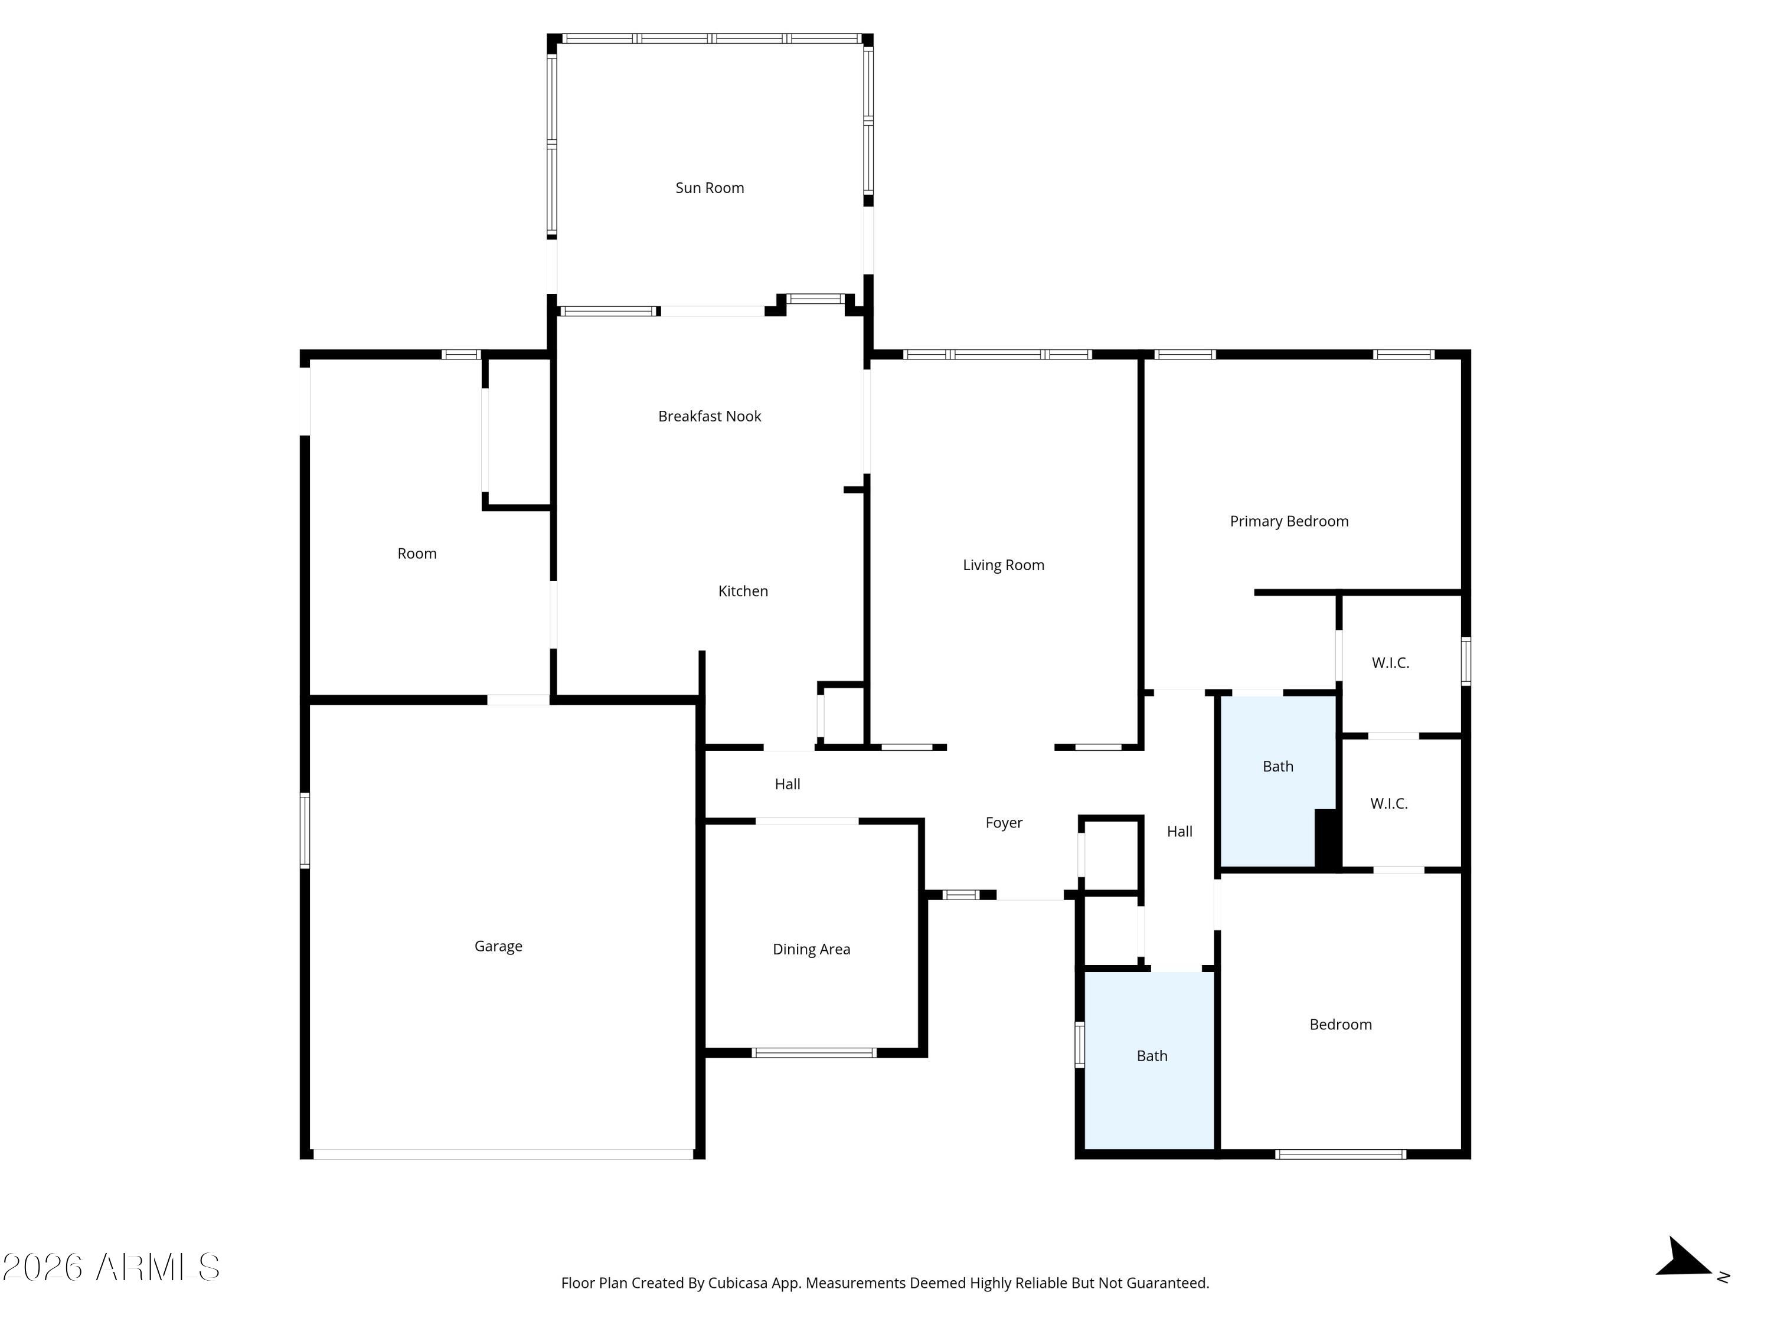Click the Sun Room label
point(710,188)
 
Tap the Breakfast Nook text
point(710,416)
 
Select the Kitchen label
point(743,591)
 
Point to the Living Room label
point(1003,565)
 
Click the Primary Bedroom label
point(1289,522)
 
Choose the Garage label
point(498,946)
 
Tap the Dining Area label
point(811,949)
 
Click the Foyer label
point(1004,823)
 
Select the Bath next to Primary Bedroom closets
point(1278,767)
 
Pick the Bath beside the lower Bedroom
point(1152,1056)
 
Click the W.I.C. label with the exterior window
point(1390,663)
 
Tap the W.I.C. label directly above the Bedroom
point(1388,804)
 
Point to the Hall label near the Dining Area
point(787,784)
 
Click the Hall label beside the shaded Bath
point(1179,832)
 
